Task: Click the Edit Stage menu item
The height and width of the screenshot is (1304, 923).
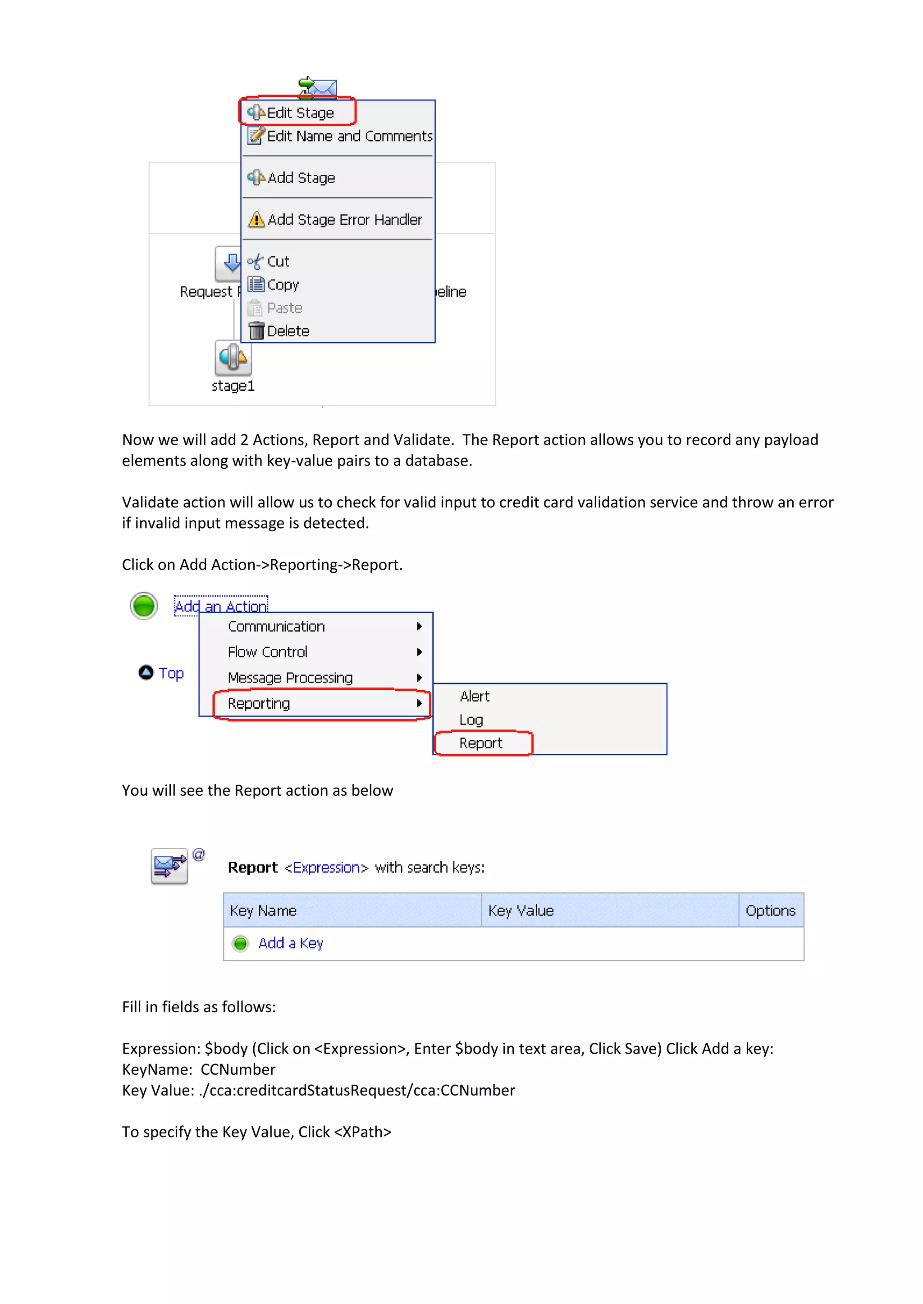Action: (300, 113)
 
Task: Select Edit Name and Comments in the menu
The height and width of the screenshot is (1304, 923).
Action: (348, 136)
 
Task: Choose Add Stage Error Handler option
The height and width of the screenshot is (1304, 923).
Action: (344, 219)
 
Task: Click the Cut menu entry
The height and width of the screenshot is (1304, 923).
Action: (278, 261)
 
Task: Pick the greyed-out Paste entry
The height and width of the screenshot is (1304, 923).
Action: (284, 308)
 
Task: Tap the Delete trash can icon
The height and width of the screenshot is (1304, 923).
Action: (256, 331)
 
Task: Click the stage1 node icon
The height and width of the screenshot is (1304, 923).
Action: (233, 358)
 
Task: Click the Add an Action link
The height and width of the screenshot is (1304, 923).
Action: (220, 606)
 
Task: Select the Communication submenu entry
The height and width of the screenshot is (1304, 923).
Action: (276, 626)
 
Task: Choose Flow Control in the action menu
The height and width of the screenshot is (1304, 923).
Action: (267, 652)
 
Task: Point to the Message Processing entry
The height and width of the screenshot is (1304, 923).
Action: (290, 678)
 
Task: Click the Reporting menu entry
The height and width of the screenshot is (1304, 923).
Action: (259, 704)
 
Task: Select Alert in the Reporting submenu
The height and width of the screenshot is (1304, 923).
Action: (475, 696)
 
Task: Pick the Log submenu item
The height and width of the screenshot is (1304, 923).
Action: (471, 720)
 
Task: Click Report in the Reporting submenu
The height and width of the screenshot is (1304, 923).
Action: (481, 743)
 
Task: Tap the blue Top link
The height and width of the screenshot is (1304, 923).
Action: (170, 673)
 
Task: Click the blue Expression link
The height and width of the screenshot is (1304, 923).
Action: (326, 867)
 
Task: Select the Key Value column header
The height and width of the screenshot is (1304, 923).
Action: (521, 910)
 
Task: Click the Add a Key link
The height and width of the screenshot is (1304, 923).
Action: (290, 943)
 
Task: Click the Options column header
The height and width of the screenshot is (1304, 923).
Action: (770, 910)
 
